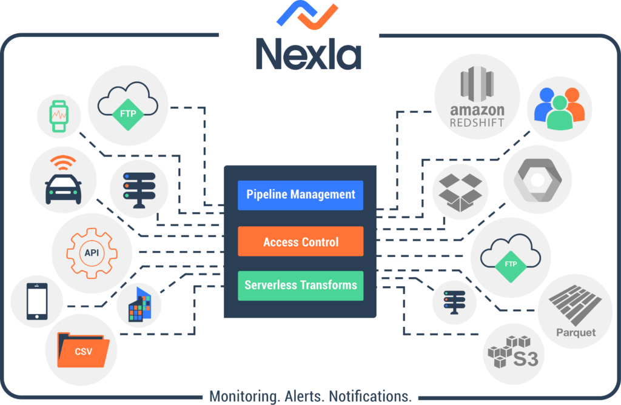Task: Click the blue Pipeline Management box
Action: [300, 195]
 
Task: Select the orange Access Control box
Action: [300, 242]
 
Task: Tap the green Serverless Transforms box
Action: [300, 285]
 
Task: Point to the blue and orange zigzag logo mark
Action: [307, 15]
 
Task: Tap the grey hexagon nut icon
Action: [537, 180]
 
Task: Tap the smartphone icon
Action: [36, 302]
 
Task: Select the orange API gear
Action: [92, 252]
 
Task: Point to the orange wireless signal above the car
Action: [63, 162]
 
